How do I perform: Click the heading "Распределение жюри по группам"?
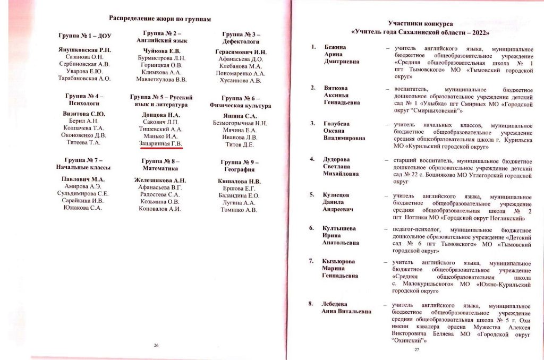pos(160,19)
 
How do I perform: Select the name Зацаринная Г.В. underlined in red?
pos(161,143)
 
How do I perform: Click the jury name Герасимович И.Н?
pos(241,52)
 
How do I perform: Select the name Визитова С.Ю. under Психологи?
pos(84,114)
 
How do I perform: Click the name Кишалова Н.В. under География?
pos(241,181)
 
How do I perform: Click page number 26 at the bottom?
pos(156,346)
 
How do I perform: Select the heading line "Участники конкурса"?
pos(420,24)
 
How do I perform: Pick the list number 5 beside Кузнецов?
pos(312,195)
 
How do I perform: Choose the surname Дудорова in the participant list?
pos(338,158)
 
